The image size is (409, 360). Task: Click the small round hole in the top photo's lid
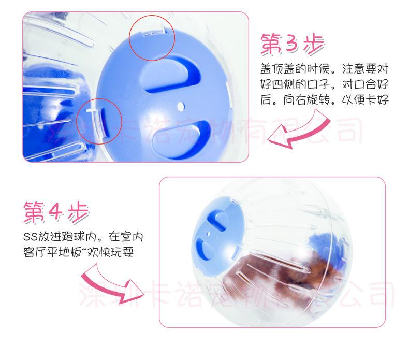tap(180, 106)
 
